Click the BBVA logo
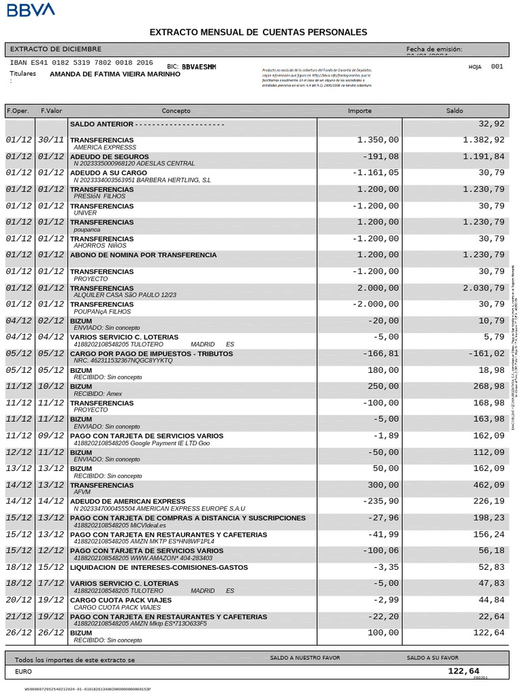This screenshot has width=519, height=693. pyautogui.click(x=31, y=9)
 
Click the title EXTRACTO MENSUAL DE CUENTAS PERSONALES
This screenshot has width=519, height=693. pyautogui.click(x=258, y=32)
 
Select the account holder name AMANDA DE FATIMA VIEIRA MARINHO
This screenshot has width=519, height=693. pyautogui.click(x=115, y=74)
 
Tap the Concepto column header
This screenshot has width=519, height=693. pyautogui.click(x=176, y=111)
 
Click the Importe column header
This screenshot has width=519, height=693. pyautogui.click(x=360, y=111)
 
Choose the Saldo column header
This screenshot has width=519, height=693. pyautogui.click(x=455, y=111)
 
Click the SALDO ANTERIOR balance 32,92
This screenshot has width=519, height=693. pyautogui.click(x=491, y=124)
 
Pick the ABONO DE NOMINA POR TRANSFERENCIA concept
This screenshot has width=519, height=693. pyautogui.click(x=143, y=255)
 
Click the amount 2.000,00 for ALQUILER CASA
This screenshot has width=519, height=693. pyautogui.click(x=378, y=288)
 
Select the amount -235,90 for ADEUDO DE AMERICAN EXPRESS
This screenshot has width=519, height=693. pyautogui.click(x=380, y=501)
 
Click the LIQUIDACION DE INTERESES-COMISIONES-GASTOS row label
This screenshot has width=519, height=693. pyautogui.click(x=159, y=567)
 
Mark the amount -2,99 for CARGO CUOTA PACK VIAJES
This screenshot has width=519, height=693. pyautogui.click(x=385, y=600)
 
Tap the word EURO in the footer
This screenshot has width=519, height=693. pyautogui.click(x=23, y=672)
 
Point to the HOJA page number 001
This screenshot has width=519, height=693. pyautogui.click(x=497, y=67)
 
